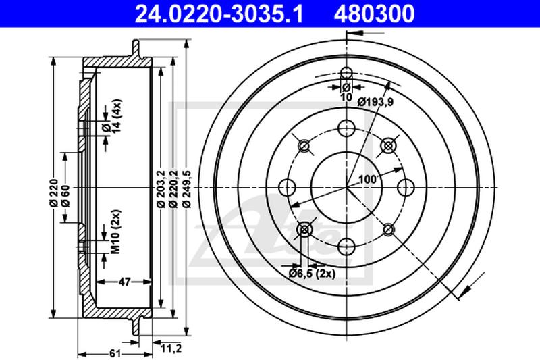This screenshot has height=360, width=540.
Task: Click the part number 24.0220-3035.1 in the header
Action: pyautogui.click(x=219, y=14)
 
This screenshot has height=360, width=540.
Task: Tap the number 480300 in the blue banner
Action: pyautogui.click(x=374, y=14)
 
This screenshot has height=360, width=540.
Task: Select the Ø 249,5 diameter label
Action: pyautogui.click(x=187, y=189)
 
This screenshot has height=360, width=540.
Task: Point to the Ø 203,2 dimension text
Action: pyautogui.click(x=161, y=189)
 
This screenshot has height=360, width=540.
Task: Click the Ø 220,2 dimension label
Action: pyautogui.click(x=173, y=189)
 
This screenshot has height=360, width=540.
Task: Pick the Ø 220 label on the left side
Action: pyautogui.click(x=53, y=193)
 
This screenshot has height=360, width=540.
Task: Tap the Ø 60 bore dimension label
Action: pyautogui.click(x=65, y=196)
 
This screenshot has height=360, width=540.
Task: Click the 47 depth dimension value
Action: pyautogui.click(x=124, y=282)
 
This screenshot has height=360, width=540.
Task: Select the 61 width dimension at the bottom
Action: pyautogui.click(x=115, y=353)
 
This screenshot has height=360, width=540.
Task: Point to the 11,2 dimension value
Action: pyautogui.click(x=171, y=349)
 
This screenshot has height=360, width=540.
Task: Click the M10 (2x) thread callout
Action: pyautogui.click(x=116, y=231)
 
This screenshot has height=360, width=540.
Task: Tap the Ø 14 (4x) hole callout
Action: pyautogui.click(x=111, y=116)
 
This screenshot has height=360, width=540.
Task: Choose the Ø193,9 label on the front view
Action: pyautogui.click(x=375, y=102)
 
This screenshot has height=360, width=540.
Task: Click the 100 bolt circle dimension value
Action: pyautogui.click(x=367, y=179)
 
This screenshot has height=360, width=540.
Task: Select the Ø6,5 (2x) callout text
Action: pyautogui.click(x=312, y=274)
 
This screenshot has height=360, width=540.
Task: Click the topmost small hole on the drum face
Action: pyautogui.click(x=346, y=73)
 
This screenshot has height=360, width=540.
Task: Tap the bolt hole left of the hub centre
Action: pyautogui.click(x=287, y=188)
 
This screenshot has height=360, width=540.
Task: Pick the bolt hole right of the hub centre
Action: pyautogui.click(x=406, y=188)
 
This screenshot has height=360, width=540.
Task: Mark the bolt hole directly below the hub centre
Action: pyautogui.click(x=346, y=247)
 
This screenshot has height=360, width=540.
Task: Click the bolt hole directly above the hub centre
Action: pyautogui.click(x=346, y=128)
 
